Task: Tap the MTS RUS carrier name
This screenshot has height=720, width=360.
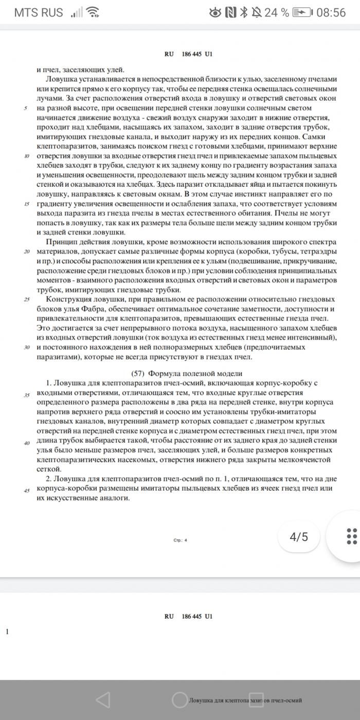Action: pyautogui.click(x=39, y=12)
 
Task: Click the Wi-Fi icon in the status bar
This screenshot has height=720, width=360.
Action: pyautogui.click(x=93, y=12)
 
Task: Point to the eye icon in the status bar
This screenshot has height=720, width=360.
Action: pyautogui.click(x=215, y=12)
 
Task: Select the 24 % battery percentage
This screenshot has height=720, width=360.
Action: pyautogui.click(x=276, y=12)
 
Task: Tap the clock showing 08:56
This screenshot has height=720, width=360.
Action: pyautogui.click(x=331, y=12)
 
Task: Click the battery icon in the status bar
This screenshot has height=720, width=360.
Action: pyautogui.click(x=302, y=12)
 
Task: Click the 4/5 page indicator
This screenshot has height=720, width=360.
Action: pyautogui.click(x=299, y=537)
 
